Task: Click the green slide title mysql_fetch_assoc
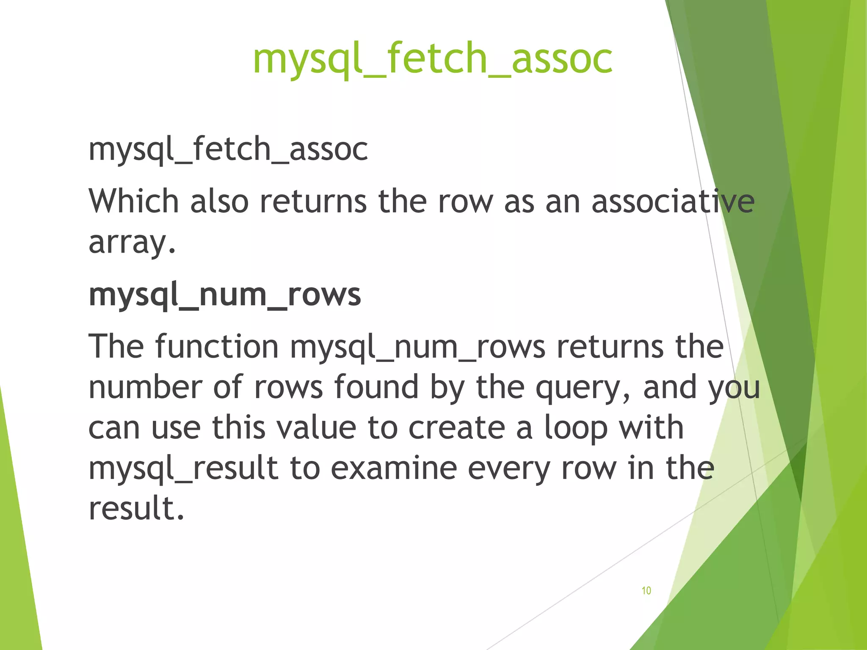coord(432,59)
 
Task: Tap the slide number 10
coord(646,591)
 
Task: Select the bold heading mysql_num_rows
coord(225,295)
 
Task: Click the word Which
coord(134,201)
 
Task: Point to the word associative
coord(673,201)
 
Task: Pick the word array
coord(132,243)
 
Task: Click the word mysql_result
coord(183,469)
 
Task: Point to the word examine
coord(394,468)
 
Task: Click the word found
coord(377,387)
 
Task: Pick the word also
coord(219,201)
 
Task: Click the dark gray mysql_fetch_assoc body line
coord(228,149)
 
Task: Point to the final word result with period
coord(136,508)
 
